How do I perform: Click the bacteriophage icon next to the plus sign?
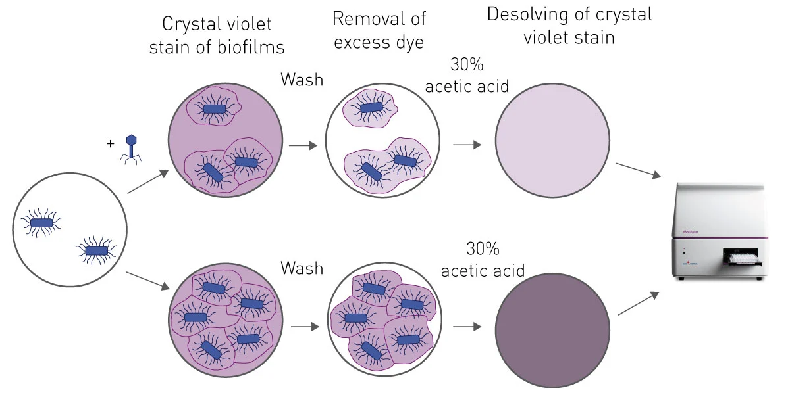click(x=131, y=149)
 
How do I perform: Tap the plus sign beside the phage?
click(x=110, y=143)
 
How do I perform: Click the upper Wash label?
click(x=302, y=80)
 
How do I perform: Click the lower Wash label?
click(x=302, y=268)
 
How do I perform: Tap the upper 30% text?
click(x=467, y=65)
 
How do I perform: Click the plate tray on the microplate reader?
click(x=742, y=260)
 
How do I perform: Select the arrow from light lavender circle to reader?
click(x=637, y=170)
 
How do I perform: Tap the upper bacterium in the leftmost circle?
click(x=41, y=223)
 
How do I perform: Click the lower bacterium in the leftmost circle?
click(x=96, y=250)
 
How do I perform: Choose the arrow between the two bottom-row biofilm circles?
click(x=303, y=326)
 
